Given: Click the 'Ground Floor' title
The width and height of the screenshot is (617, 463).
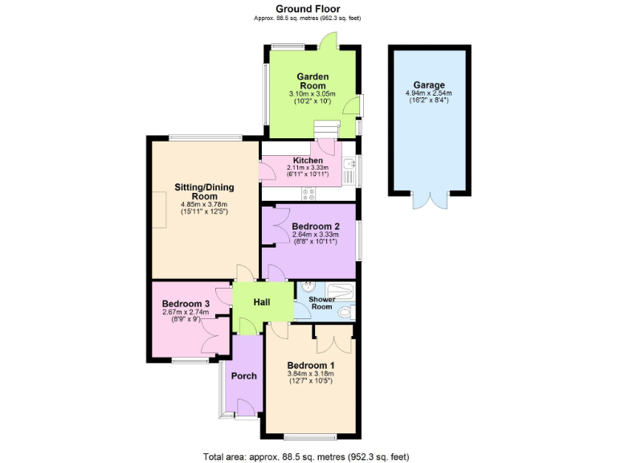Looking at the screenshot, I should pos(308,9).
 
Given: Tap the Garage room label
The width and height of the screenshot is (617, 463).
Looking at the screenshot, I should pos(429,85).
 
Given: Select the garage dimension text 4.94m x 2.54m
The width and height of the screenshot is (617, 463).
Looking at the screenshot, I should pos(429,94).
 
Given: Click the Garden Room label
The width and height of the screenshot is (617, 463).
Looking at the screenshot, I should pos(313,81).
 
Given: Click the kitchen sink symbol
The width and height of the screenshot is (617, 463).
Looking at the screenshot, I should pos(349,170).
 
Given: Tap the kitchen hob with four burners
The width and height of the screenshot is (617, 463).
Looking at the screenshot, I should pos(309,193).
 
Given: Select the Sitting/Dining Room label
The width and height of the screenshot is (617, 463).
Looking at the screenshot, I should pos(204,191).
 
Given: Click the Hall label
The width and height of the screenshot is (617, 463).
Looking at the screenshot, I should pos(262,302).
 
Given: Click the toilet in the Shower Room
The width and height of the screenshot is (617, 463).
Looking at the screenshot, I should pos(345,312).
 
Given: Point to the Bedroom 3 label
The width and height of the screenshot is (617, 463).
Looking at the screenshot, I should pos(186,304).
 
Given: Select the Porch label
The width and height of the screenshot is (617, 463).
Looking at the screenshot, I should pos(243,375).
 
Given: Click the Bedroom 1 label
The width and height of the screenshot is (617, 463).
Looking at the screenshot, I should pos(311,365).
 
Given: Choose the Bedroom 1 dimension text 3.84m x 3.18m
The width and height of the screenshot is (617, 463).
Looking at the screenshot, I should pos(311,374).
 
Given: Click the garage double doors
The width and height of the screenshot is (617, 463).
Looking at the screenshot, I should pos(427,199).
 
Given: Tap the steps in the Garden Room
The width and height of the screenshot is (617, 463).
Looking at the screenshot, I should pos(325,129).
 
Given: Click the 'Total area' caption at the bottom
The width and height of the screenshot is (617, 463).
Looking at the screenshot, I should pos(308,456).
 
